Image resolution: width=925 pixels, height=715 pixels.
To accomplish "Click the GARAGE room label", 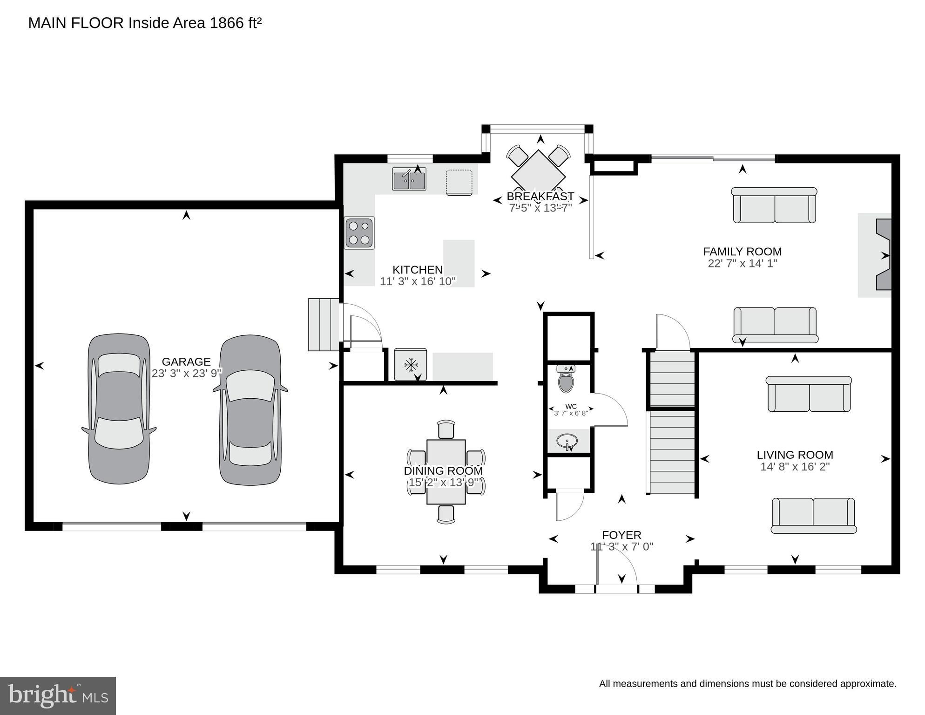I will [186, 362].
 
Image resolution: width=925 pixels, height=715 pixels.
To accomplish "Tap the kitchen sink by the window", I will [409, 179].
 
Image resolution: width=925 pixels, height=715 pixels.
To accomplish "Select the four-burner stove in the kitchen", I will [359, 233].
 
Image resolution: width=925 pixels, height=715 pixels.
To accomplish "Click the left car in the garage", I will [119, 409].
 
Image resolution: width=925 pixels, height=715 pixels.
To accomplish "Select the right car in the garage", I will [250, 410].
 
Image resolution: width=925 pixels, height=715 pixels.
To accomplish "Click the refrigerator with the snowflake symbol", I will [410, 365].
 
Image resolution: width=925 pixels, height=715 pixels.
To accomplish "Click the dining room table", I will [446, 471].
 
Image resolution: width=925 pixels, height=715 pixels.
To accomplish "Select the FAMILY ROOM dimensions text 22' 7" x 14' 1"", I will [742, 264].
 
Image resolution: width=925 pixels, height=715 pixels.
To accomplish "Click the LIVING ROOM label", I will [795, 455].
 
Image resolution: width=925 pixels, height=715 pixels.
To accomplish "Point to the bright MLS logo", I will [58, 696].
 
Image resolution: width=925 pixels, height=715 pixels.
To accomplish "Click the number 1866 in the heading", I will [226, 23].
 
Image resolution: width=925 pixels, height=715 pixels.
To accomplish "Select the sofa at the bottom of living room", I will [813, 515].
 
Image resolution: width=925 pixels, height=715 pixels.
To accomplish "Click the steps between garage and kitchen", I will [323, 325].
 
